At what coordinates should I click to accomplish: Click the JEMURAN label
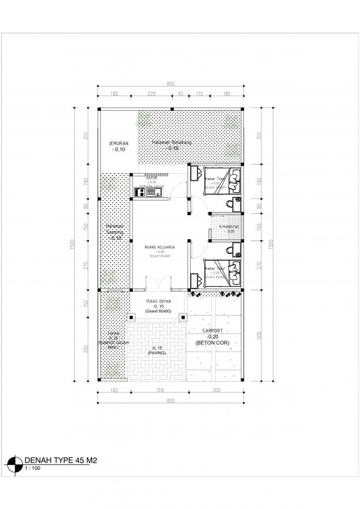pyautogui.click(x=119, y=144)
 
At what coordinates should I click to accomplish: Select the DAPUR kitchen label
pyautogui.click(x=151, y=176)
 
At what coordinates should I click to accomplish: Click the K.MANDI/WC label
pyautogui.click(x=229, y=227)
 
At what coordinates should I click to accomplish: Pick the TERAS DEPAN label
pyautogui.click(x=158, y=301)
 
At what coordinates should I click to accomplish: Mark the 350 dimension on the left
pyautogui.click(x=86, y=348)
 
